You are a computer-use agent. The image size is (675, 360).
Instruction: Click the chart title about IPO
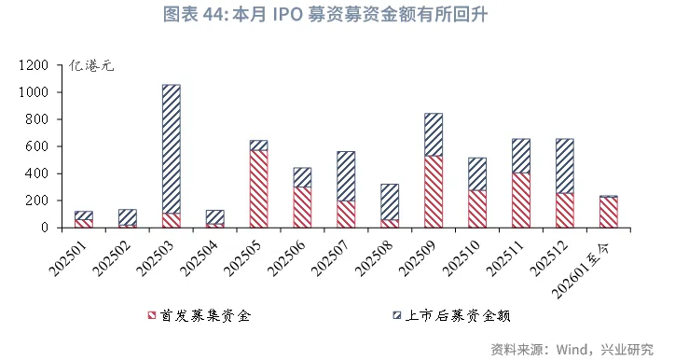point(337,15)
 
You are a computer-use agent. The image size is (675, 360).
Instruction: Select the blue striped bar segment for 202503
point(172,149)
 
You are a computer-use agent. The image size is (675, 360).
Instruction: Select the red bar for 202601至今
point(608,212)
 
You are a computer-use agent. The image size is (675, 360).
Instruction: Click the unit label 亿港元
point(91,67)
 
